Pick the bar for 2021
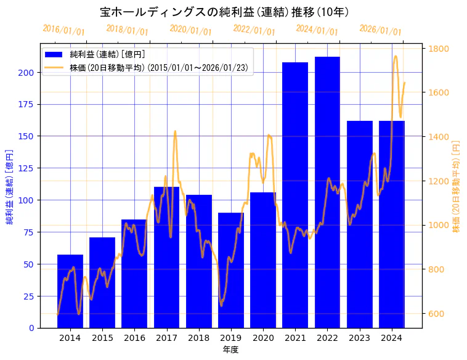click(295, 195)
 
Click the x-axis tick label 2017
click(166, 338)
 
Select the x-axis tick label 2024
click(392, 338)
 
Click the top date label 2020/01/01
click(191, 30)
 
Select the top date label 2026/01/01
click(381, 30)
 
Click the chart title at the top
click(224, 12)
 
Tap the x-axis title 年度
click(230, 350)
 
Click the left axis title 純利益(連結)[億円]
click(10, 186)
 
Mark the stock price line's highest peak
click(396, 56)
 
